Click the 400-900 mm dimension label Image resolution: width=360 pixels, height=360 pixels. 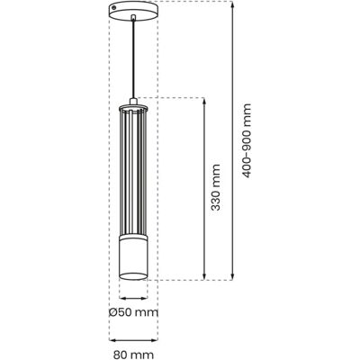[x=247, y=140]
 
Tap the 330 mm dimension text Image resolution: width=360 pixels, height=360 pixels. [x=215, y=187]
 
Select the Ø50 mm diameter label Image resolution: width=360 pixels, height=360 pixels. [x=133, y=312]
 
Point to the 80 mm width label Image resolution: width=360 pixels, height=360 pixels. [x=133, y=355]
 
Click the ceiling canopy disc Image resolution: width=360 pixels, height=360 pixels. [x=133, y=11]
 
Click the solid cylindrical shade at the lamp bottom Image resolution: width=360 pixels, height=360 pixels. [x=133, y=257]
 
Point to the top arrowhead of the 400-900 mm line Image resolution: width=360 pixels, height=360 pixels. [x=232, y=4]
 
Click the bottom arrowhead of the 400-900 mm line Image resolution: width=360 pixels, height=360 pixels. [x=232, y=276]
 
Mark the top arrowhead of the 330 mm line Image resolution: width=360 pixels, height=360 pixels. [x=204, y=101]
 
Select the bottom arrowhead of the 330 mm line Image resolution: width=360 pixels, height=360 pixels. [x=204, y=276]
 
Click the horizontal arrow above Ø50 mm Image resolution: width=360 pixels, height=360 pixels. [x=133, y=298]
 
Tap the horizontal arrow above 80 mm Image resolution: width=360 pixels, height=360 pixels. [x=133, y=340]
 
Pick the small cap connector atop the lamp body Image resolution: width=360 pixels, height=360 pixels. [x=133, y=102]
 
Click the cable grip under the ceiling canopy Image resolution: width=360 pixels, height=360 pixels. [x=133, y=17]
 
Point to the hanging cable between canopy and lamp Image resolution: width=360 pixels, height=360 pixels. [x=133, y=59]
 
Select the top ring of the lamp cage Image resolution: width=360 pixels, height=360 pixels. [x=133, y=108]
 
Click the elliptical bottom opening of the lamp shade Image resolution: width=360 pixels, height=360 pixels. [x=133, y=276]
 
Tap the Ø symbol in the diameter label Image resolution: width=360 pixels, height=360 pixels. [x=112, y=313]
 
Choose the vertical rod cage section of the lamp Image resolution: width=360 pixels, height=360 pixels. [x=133, y=173]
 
